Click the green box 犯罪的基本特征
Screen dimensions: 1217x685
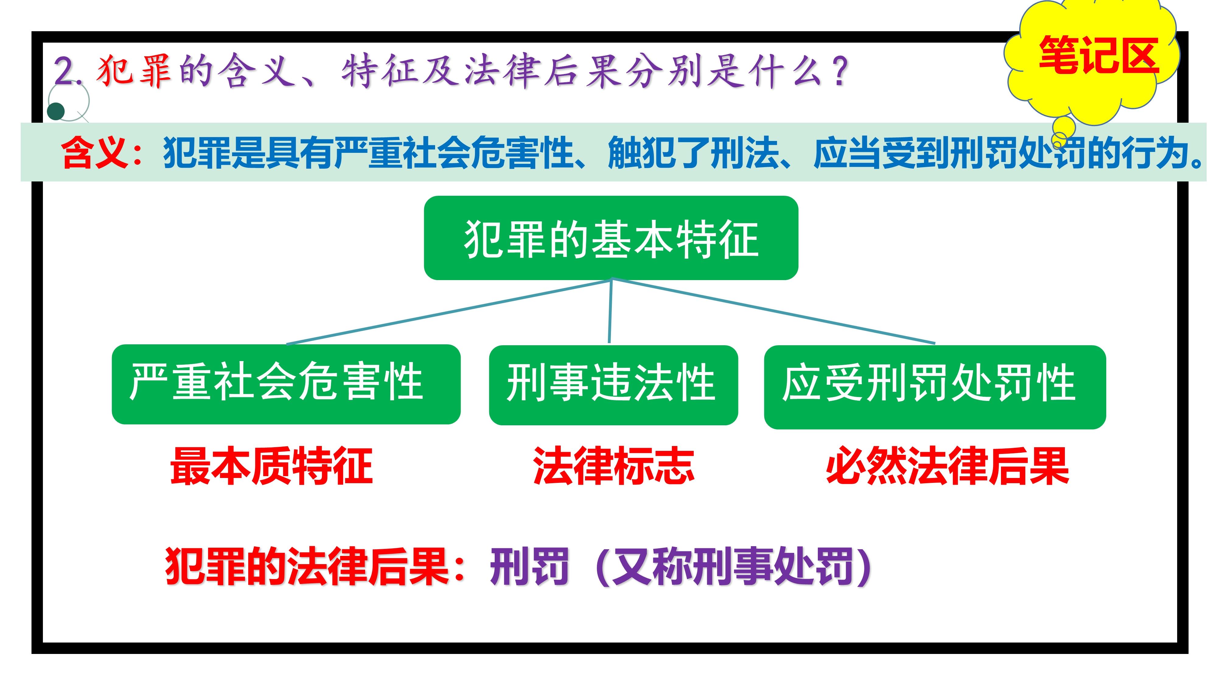[x=611, y=238]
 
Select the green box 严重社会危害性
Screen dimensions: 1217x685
[x=286, y=384]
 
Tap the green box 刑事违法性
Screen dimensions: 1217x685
[x=613, y=385]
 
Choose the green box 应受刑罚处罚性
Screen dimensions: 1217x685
[x=934, y=387]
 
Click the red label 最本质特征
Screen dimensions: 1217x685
[x=272, y=466]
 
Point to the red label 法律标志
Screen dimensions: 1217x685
[x=613, y=466]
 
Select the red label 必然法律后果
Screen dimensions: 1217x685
[x=947, y=466]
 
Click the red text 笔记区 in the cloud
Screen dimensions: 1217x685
[x=1098, y=55]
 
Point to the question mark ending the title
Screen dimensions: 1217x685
[x=840, y=71]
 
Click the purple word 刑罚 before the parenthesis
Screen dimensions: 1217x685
[x=529, y=566]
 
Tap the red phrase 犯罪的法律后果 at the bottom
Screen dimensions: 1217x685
[x=307, y=566]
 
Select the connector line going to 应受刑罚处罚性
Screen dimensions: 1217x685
[x=773, y=311]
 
